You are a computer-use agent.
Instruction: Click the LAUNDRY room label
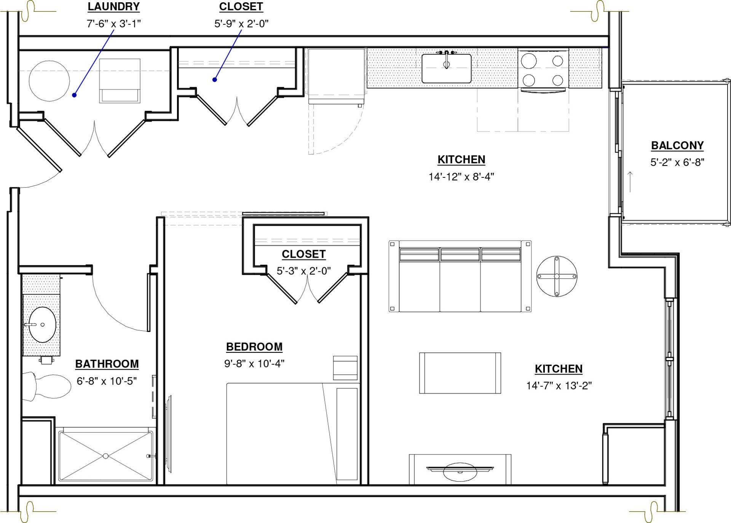pyautogui.click(x=113, y=7)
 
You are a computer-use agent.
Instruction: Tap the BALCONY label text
pyautogui.click(x=677, y=145)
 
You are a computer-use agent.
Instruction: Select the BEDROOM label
pyautogui.click(x=254, y=347)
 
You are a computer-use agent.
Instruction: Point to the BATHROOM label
pyautogui.click(x=107, y=364)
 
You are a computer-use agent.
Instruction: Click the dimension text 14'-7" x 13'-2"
pyautogui.click(x=559, y=386)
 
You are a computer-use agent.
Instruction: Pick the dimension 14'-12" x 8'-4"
pyautogui.click(x=461, y=177)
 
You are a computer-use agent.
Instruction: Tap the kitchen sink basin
pyautogui.click(x=447, y=69)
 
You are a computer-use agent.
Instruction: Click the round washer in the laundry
pyautogui.click(x=49, y=81)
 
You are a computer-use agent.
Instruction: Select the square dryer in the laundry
pyautogui.click(x=120, y=81)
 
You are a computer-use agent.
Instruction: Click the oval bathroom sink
pyautogui.click(x=42, y=325)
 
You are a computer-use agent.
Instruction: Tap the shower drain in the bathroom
pyautogui.click(x=106, y=456)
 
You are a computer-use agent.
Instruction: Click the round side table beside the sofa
pyautogui.click(x=557, y=276)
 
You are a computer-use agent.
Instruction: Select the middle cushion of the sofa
pyautogui.click(x=460, y=279)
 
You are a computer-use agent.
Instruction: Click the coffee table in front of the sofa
pyautogui.click(x=460, y=373)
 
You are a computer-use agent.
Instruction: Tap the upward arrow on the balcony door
pyautogui.click(x=630, y=182)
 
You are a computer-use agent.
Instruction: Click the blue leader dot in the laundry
pyautogui.click(x=75, y=95)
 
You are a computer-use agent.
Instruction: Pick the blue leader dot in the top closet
pyautogui.click(x=215, y=80)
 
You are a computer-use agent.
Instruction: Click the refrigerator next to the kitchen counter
pyautogui.click(x=336, y=75)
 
